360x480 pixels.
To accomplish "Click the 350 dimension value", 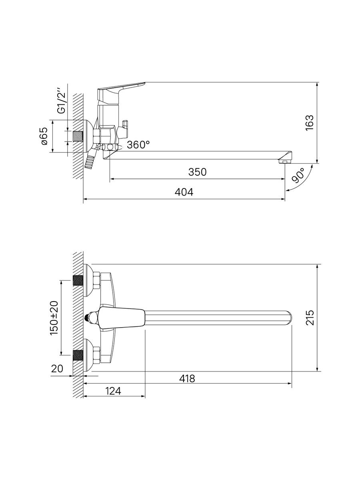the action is (x=197, y=172).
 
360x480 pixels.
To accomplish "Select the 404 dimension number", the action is (x=184, y=192).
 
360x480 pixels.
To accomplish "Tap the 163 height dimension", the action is (x=310, y=123).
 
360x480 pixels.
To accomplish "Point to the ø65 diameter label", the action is (x=44, y=136).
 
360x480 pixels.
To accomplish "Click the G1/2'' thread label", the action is (x=61, y=100).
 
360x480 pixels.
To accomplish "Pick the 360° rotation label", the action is (x=138, y=145).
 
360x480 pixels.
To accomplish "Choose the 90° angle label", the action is (x=298, y=175).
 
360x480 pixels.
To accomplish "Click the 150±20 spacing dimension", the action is (x=54, y=318).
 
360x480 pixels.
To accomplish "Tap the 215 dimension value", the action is (x=310, y=318).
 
